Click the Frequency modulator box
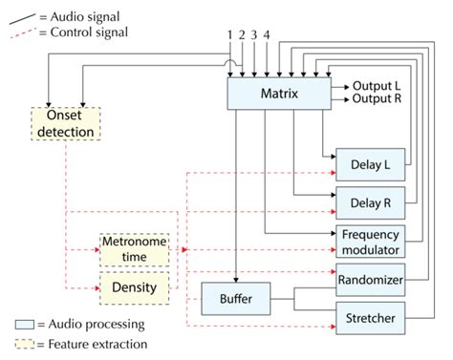(370, 241)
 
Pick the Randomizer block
(370, 280)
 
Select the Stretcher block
(370, 316)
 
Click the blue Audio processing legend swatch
(25, 325)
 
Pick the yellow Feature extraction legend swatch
(25, 343)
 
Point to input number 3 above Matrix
(255, 35)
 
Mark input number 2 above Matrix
(243, 35)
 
